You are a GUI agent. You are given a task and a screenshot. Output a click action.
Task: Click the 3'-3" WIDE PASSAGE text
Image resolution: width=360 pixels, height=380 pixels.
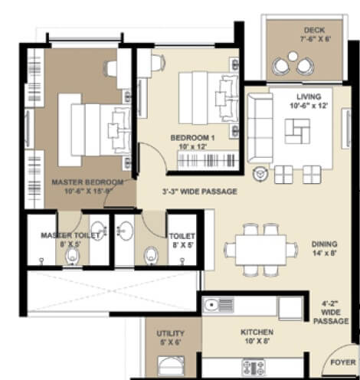point(198,192)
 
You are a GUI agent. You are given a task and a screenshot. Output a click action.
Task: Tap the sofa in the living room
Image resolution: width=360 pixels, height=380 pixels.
point(254,121)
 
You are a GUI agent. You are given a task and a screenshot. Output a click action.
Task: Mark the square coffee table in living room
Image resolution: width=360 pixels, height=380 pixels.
point(296,132)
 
